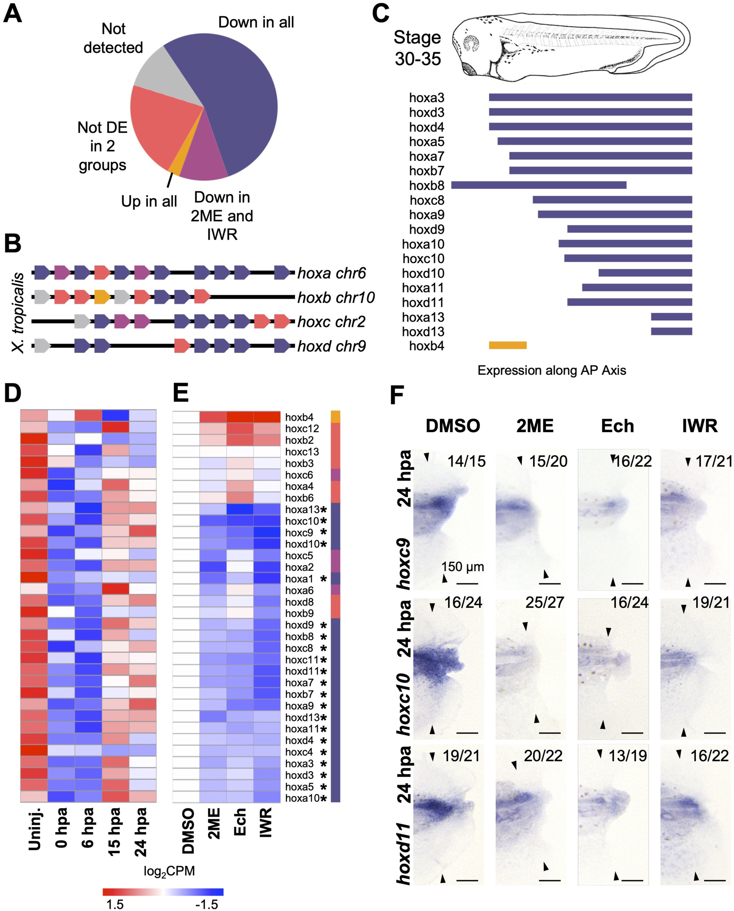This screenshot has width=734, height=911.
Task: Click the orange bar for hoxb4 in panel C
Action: [507, 345]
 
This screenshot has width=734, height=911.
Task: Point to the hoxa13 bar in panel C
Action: [671, 317]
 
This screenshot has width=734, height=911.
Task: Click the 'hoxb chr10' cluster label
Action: [336, 298]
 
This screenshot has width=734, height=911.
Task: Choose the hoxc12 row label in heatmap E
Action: [302, 429]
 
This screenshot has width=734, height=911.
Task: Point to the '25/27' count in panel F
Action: [544, 602]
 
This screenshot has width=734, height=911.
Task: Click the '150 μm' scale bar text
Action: [463, 567]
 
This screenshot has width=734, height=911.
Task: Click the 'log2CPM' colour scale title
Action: [169, 871]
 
